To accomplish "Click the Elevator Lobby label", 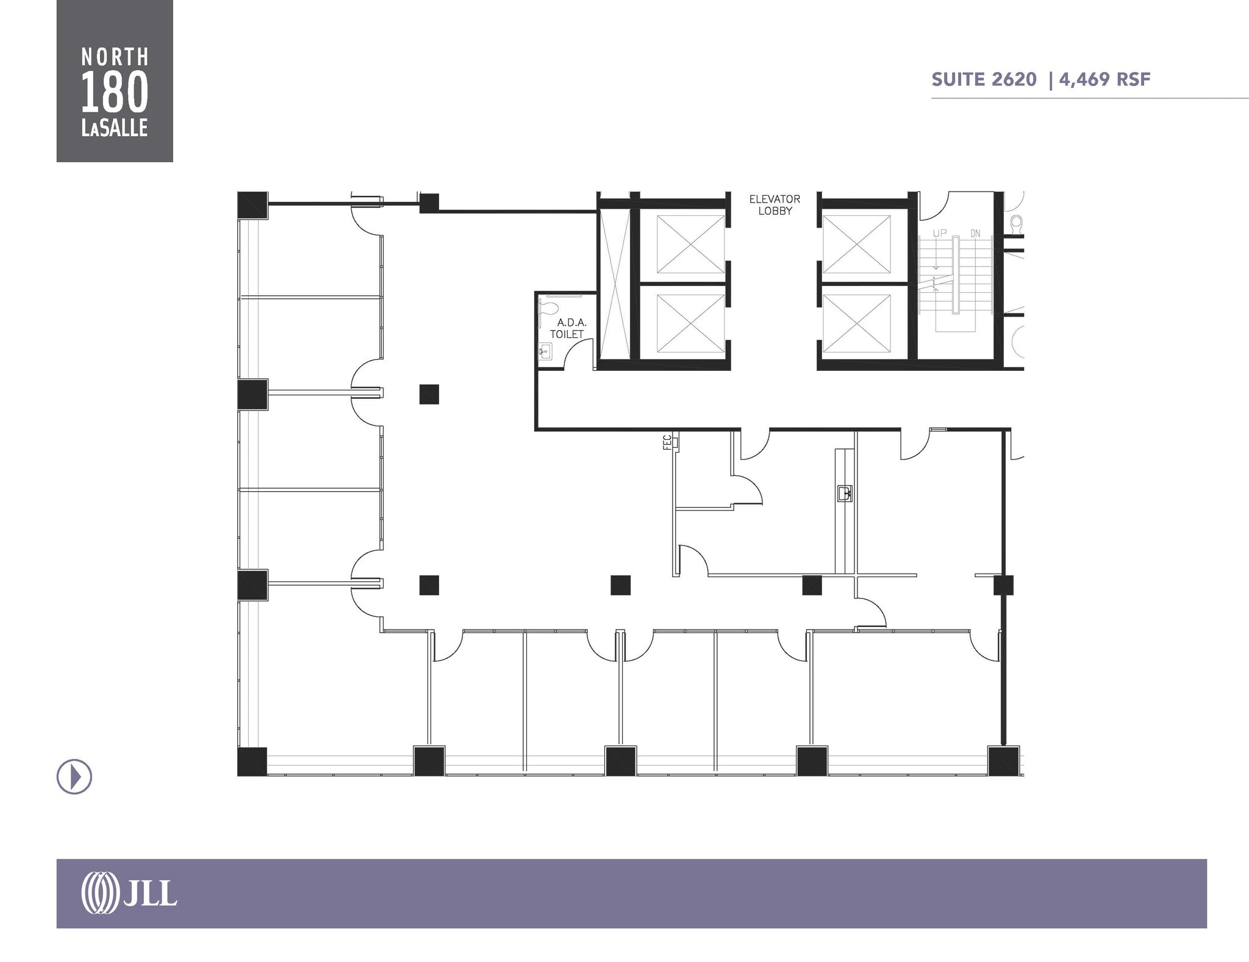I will [x=775, y=205].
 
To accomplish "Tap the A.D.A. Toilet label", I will [x=568, y=328].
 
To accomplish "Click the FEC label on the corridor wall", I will [x=667, y=442].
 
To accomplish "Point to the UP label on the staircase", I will [x=940, y=234].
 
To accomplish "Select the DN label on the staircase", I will [x=975, y=234].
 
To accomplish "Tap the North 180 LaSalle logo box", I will [x=115, y=81].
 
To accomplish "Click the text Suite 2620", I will [x=984, y=79].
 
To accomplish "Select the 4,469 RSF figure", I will [x=1104, y=79].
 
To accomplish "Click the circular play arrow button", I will [x=74, y=777].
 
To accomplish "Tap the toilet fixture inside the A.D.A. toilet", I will [x=547, y=308].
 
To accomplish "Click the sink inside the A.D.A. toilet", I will [x=545, y=352].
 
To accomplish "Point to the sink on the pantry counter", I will [x=845, y=493].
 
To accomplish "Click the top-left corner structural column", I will [x=252, y=206].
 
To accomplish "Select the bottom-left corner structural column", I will [x=252, y=761].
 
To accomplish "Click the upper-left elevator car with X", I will [x=690, y=244].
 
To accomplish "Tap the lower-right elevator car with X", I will [x=856, y=323].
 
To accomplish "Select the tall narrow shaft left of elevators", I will [x=614, y=284].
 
